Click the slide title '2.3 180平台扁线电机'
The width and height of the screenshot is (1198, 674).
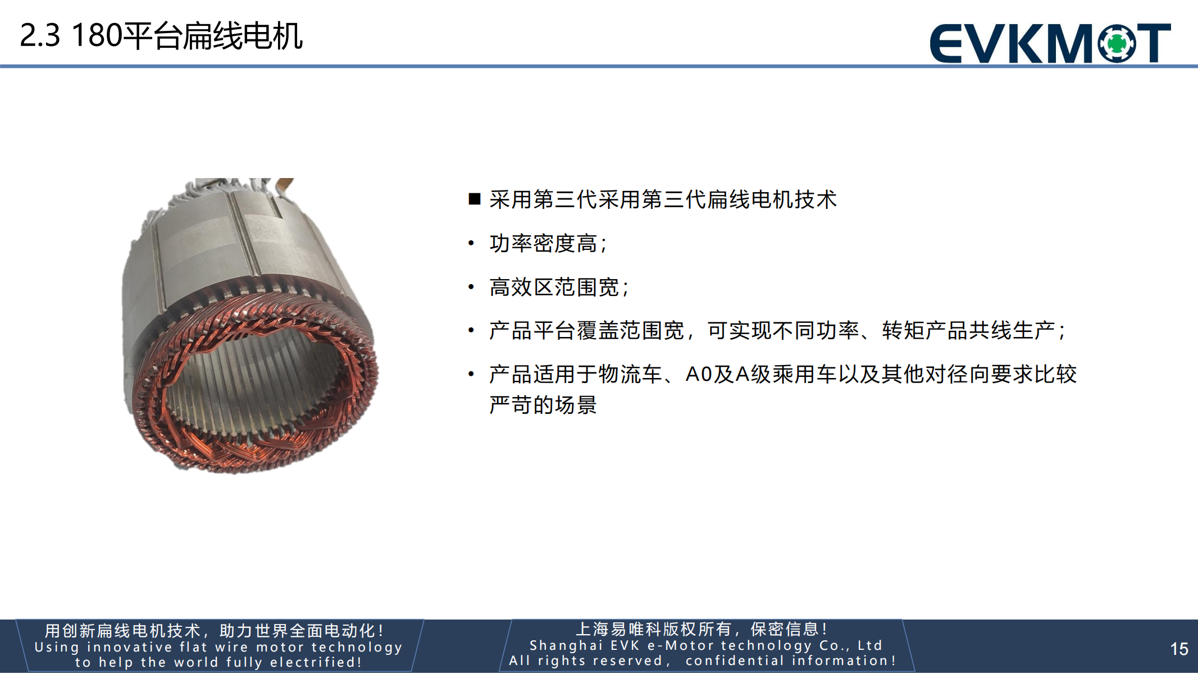pos(161,36)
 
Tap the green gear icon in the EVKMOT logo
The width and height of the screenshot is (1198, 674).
pos(1117,43)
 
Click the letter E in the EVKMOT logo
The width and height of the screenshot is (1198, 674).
pos(946,43)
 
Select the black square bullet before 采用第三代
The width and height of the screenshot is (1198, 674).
pos(475,199)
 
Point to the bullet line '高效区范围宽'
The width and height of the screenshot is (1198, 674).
pos(559,287)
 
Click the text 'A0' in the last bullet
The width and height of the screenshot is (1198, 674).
pos(699,374)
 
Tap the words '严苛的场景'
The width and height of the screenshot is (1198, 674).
pos(543,404)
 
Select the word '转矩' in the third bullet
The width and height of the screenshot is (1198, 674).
pos(903,330)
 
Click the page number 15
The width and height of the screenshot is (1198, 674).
pos(1179,649)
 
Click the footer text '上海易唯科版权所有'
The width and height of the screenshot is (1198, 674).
pos(654,629)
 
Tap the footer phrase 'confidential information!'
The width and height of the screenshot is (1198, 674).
pos(790,661)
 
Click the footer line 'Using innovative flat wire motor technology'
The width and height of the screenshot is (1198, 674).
pos(218,647)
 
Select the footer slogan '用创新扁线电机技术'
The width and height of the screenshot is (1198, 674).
pos(122,631)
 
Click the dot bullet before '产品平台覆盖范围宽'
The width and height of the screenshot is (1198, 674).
pos(471,330)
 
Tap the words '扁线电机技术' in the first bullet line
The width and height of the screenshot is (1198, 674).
pos(772,199)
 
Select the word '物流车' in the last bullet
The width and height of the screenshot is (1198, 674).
pos(631,374)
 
